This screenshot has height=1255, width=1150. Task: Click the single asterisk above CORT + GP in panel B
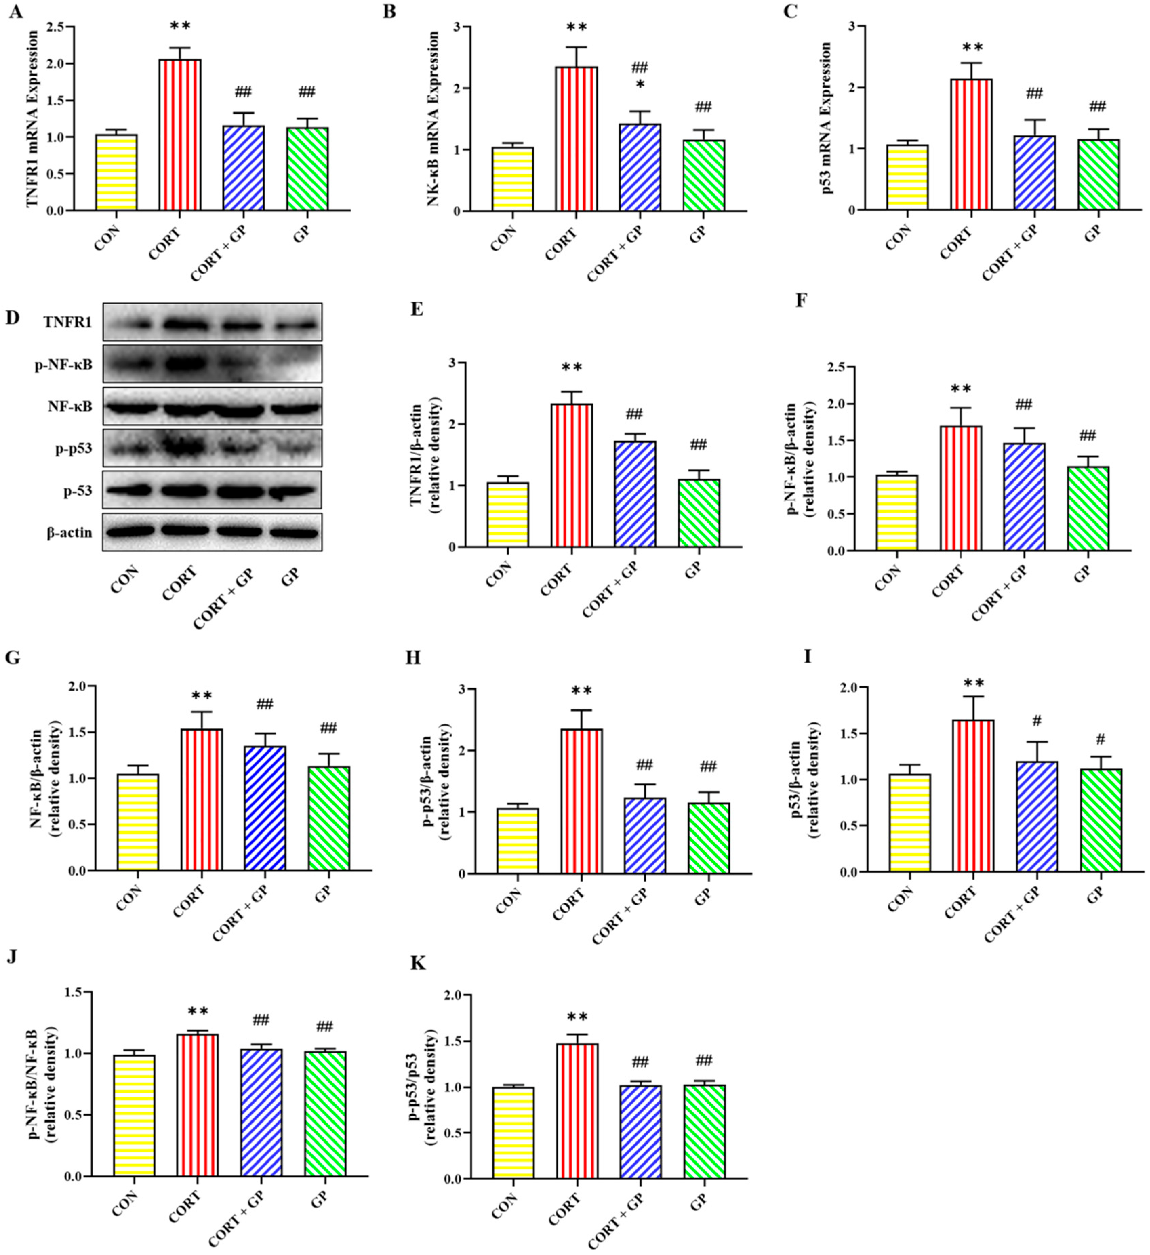point(640,83)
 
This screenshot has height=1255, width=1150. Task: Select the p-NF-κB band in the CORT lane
point(184,363)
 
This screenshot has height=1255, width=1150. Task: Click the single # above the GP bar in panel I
point(1101,739)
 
